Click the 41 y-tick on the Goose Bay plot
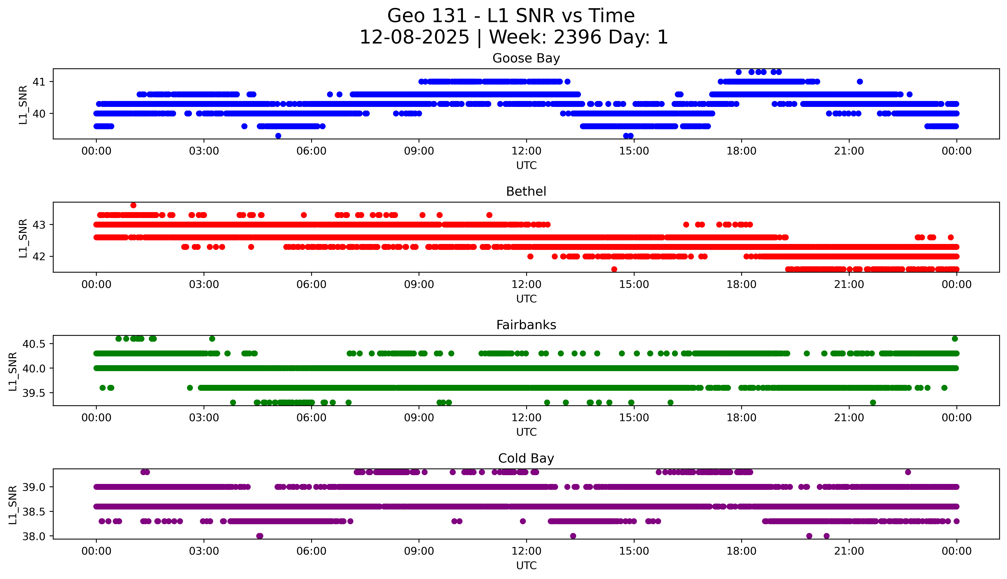click(39, 82)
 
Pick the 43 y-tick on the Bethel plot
click(39, 225)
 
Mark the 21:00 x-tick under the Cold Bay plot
click(849, 551)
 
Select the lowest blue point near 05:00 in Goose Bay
click(278, 136)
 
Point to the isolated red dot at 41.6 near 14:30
click(614, 269)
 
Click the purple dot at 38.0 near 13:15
click(573, 536)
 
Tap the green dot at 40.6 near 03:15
click(212, 339)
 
